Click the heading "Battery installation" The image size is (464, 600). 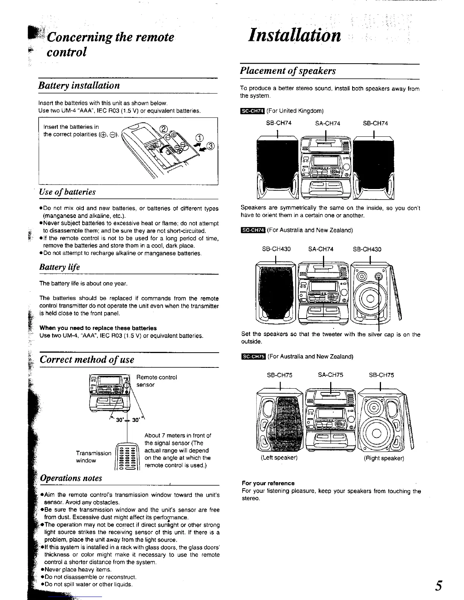(79, 86)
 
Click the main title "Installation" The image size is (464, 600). (294, 36)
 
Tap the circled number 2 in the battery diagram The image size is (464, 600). (163, 129)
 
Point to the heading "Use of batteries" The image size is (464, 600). (67, 192)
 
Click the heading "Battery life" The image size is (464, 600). (60, 267)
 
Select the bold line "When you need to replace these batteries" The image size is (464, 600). (98, 328)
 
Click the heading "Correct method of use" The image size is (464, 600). (87, 359)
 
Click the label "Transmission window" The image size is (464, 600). (93, 457)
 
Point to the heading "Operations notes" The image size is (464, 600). (71, 478)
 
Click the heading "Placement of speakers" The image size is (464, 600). (288, 71)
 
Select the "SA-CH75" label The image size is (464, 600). (330, 375)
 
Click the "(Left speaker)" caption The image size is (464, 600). (279, 458)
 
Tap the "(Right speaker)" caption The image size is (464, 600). (384, 458)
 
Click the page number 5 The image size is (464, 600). (438, 586)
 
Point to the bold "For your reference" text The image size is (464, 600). (268, 483)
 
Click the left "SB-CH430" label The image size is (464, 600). (276, 249)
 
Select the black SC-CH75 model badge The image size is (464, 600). (253, 356)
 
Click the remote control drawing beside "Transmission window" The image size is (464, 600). (128, 457)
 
